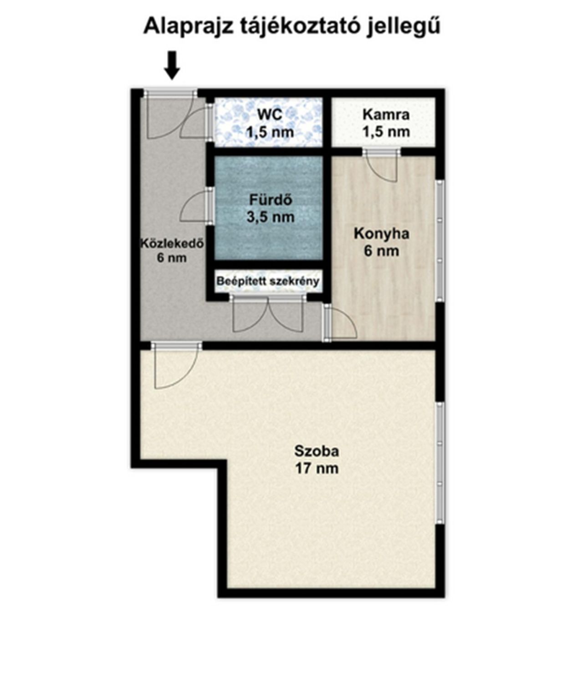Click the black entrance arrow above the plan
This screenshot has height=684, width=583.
pos(172,65)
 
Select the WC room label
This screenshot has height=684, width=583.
pos(270,114)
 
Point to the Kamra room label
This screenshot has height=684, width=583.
pos(386,114)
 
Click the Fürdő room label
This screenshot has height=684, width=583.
pos(271,200)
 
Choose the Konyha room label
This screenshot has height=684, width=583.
pos(381,234)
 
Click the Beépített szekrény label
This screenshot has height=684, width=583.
pos(268,281)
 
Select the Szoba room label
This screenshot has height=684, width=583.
pos(317,451)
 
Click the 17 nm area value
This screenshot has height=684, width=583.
pos(317,469)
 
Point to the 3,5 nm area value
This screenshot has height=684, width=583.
pos(271,217)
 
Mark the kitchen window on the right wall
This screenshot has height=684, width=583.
pos(440,241)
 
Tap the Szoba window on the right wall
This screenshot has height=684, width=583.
pos(440,463)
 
